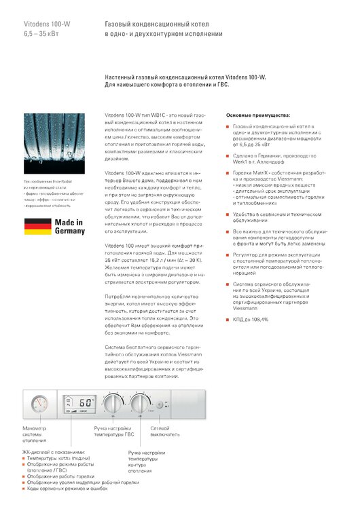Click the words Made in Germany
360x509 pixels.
click(x=70, y=226)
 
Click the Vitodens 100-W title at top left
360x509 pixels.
click(x=46, y=24)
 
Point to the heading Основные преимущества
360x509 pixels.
click(x=258, y=116)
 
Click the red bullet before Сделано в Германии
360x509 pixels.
click(x=228, y=156)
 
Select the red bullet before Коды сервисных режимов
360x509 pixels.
click(x=24, y=489)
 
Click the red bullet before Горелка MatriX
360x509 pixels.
click(x=228, y=173)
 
